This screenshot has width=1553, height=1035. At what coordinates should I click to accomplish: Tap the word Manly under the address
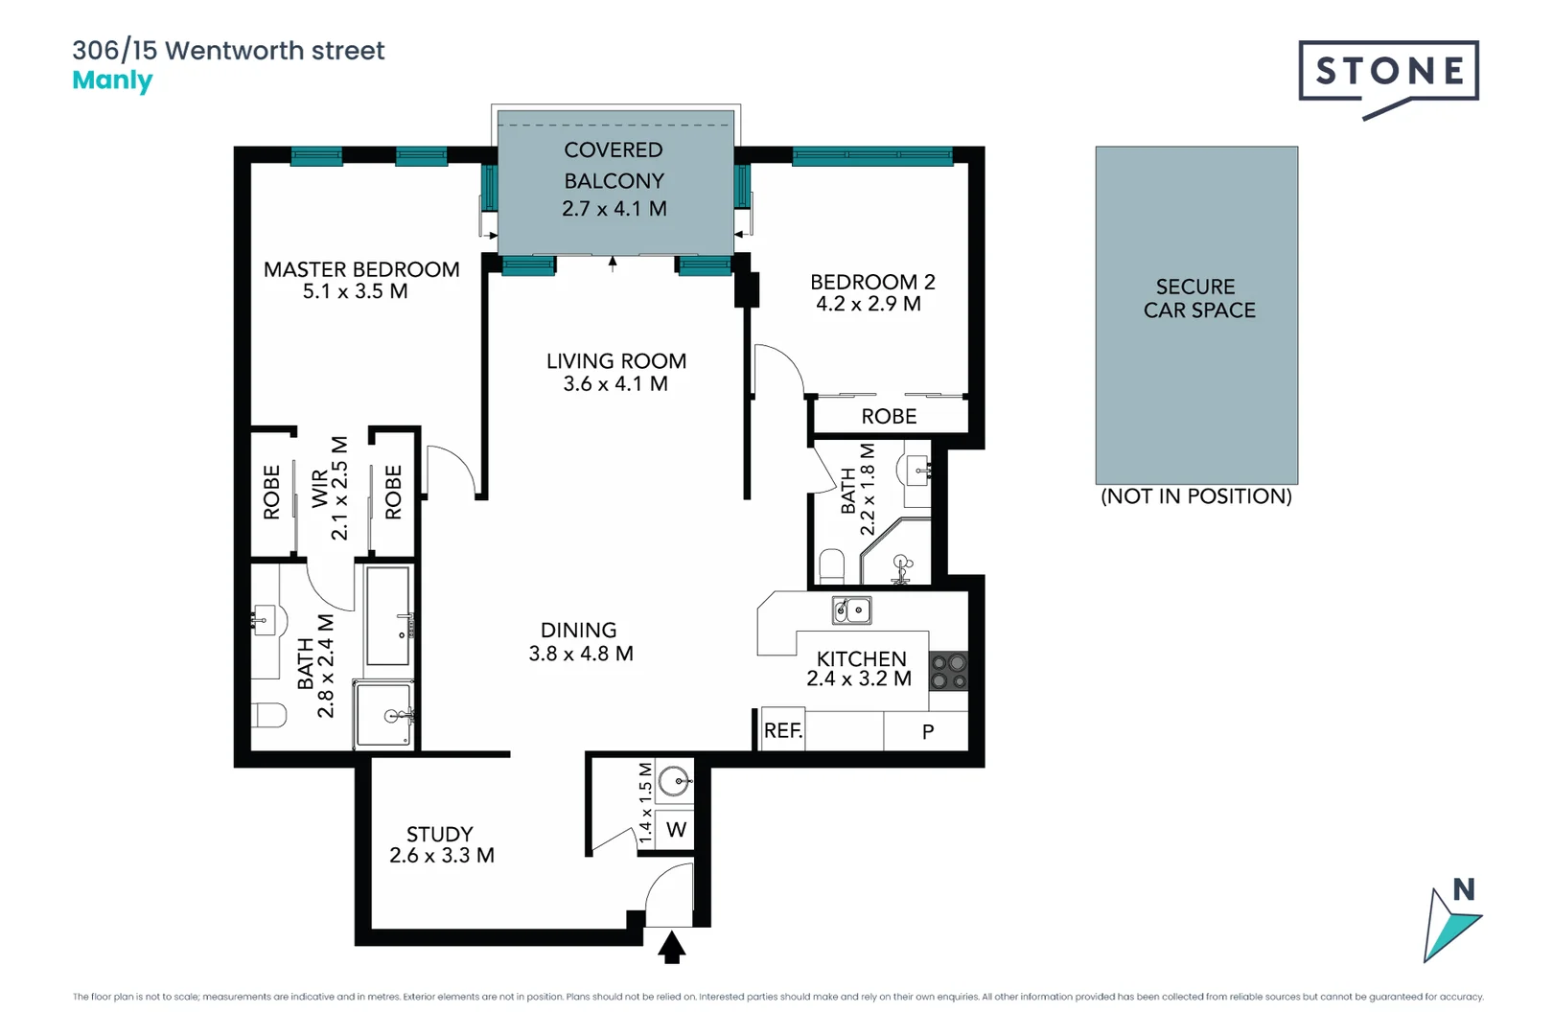[112, 80]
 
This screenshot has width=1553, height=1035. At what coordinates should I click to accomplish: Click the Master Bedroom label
[360, 280]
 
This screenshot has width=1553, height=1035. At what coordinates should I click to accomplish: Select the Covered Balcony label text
[614, 179]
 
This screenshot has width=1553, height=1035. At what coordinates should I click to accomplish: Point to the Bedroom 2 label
[871, 292]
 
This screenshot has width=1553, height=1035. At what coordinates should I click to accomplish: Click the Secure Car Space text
[1198, 298]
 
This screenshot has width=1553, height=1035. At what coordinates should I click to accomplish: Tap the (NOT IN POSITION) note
[1195, 496]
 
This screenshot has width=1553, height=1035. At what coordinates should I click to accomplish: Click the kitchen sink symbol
[851, 609]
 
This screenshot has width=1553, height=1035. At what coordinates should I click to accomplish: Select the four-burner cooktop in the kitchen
[948, 671]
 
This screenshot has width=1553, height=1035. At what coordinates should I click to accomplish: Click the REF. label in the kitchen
[782, 731]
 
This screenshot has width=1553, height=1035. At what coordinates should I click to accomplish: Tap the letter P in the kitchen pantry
[927, 732]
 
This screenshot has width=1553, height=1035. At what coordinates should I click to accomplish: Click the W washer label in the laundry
[676, 830]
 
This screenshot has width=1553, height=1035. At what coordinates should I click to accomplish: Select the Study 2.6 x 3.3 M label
[441, 844]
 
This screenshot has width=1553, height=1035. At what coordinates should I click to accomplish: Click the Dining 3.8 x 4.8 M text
[580, 642]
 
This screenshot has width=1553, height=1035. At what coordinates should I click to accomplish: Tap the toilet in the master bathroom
[271, 715]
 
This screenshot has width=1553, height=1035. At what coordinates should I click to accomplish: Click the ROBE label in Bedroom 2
[889, 417]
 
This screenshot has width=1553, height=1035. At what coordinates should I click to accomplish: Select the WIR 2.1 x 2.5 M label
[329, 489]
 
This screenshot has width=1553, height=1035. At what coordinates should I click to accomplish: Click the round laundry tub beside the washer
[675, 781]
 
